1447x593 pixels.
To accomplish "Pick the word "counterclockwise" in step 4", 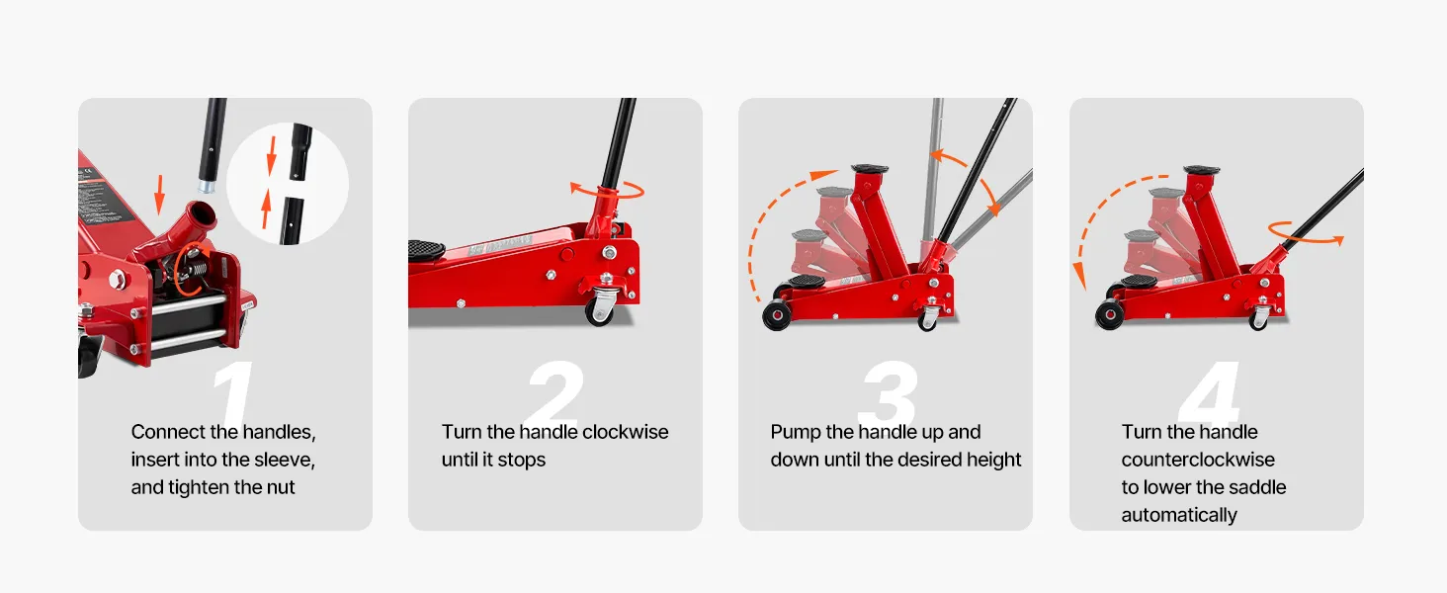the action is [1198, 460].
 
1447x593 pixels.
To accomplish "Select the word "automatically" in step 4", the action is [1179, 516].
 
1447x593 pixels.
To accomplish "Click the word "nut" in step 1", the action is [281, 487].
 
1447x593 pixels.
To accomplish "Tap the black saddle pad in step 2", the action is [426, 250].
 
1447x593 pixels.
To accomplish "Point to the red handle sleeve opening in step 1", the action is [202, 212].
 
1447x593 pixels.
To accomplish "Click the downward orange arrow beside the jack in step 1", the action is [159, 194].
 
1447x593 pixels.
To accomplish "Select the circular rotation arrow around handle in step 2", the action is [607, 190].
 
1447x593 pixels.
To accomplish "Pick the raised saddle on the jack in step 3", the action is [870, 170].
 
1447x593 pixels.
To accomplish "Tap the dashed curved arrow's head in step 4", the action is [1078, 277].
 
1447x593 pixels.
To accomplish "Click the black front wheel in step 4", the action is [1110, 314].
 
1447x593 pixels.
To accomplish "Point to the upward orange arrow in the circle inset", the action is [266, 209].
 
